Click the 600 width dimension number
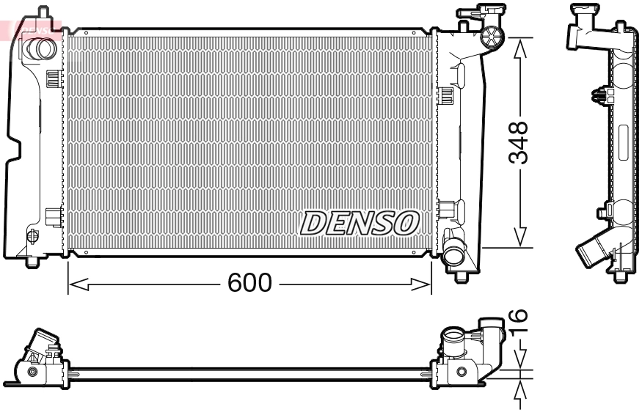pyautogui.click(x=250, y=283)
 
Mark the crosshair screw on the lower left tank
pyautogui.click(x=32, y=235)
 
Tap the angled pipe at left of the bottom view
pyautogui.click(x=43, y=345)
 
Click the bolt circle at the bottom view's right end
pyautogui.click(x=461, y=372)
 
